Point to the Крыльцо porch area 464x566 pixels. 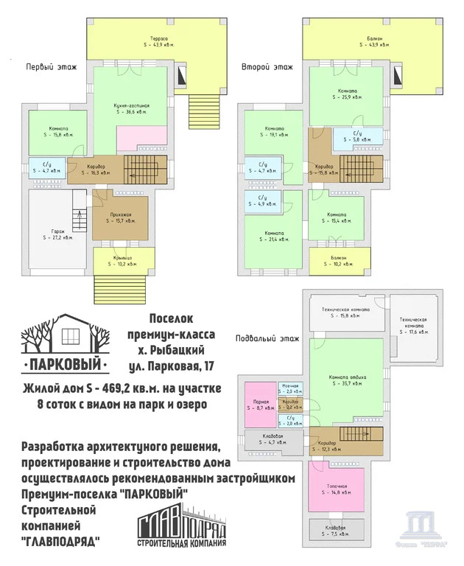pyautogui.click(x=124, y=260)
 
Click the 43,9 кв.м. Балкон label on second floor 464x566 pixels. pyautogui.click(x=374, y=41)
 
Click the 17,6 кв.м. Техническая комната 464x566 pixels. pyautogui.click(x=412, y=326)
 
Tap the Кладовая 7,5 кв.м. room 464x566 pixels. pyautogui.click(x=337, y=531)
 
